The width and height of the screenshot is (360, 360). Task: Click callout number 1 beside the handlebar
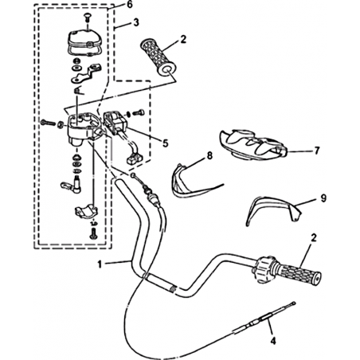pyautogui.click(x=100, y=264)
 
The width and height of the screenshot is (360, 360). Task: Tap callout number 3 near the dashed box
pyautogui.click(x=136, y=22)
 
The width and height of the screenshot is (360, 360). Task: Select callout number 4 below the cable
pyautogui.click(x=273, y=340)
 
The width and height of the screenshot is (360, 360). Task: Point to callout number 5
pyautogui.click(x=165, y=143)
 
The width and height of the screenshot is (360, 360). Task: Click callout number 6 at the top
pyautogui.click(x=129, y=5)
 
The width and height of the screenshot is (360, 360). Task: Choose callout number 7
pyautogui.click(x=317, y=151)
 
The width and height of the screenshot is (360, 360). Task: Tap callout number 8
pyautogui.click(x=209, y=155)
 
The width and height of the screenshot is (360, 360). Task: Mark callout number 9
pyautogui.click(x=323, y=198)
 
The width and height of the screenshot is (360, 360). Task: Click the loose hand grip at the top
pyautogui.click(x=158, y=58)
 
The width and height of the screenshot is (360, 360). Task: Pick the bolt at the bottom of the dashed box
pyautogui.click(x=92, y=233)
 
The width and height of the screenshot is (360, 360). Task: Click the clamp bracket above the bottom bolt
pyautogui.click(x=86, y=210)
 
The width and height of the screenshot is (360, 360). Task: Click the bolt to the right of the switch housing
pyautogui.click(x=138, y=112)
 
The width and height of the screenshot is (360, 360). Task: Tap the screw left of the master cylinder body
pyautogui.click(x=47, y=123)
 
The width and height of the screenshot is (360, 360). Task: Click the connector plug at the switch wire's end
pyautogui.click(x=133, y=159)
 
